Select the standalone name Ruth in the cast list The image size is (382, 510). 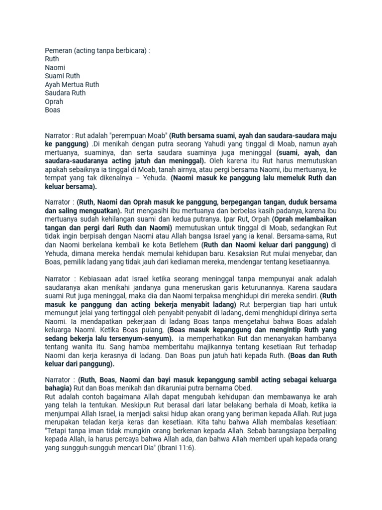pos(52,59)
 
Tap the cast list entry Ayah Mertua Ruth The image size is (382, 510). pos(72,85)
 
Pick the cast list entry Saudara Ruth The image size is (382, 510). pos(65,93)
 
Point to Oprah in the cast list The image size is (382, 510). pos(54,102)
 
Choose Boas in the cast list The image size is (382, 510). pos(52,110)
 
